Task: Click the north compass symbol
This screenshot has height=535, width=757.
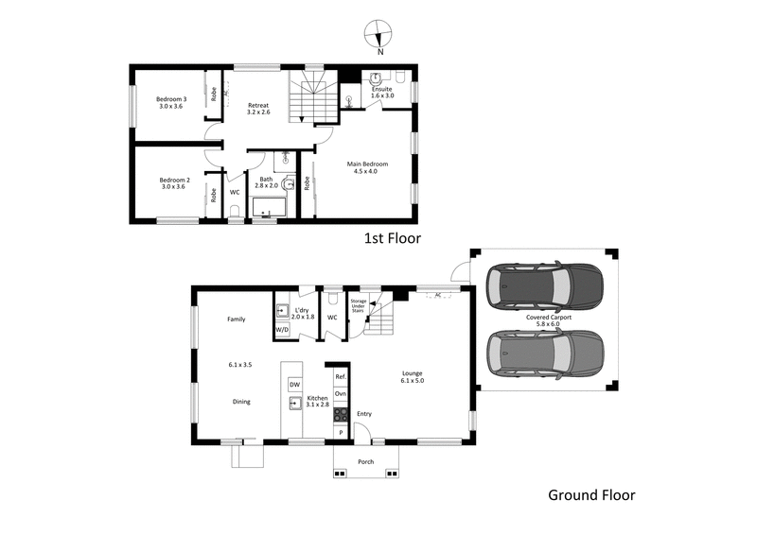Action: pos(378,33)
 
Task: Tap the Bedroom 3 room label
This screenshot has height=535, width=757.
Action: pos(172,104)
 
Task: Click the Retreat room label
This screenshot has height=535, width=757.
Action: pos(258,109)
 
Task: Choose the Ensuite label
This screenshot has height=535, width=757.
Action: pos(381,93)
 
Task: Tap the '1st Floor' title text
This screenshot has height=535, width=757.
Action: pos(392,238)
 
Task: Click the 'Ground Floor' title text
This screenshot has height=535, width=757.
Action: pos(591,494)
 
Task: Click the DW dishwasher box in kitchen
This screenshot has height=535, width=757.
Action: pos(294,385)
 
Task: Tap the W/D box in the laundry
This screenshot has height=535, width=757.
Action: pos(282,329)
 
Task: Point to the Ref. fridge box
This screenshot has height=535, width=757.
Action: pos(341,376)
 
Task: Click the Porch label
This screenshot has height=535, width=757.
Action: pos(365,462)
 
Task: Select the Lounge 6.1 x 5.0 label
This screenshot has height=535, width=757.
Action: pos(412,377)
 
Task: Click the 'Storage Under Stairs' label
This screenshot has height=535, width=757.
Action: pos(359,305)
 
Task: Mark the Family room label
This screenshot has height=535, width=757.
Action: pos(236,319)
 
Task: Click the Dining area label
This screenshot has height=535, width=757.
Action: pos(241,402)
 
